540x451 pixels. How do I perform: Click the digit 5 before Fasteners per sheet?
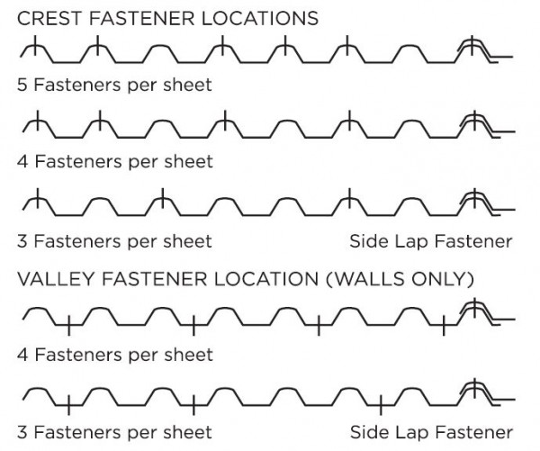[x=22, y=86]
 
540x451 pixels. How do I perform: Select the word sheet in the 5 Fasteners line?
[x=188, y=86]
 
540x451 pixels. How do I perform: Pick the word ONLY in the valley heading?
[x=438, y=279]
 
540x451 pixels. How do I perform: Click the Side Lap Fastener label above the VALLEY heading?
[x=431, y=241]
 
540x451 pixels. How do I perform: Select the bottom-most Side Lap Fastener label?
[x=431, y=431]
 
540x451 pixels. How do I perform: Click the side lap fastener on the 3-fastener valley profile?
[x=470, y=390]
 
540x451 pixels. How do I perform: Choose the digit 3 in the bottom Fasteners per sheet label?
[x=22, y=431]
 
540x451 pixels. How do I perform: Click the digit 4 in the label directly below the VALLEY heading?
[x=22, y=355]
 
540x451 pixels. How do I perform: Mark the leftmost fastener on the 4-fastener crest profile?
[x=34, y=121]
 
